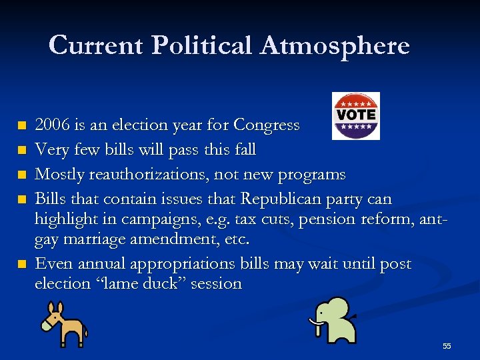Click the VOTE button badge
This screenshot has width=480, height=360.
coord(356,115)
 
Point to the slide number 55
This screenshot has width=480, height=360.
coord(447,346)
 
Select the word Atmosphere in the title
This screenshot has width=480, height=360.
coord(335,45)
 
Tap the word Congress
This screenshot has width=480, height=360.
coord(267,125)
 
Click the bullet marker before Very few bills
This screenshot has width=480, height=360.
coord(22,150)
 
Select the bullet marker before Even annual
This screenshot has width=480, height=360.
coord(22,264)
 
